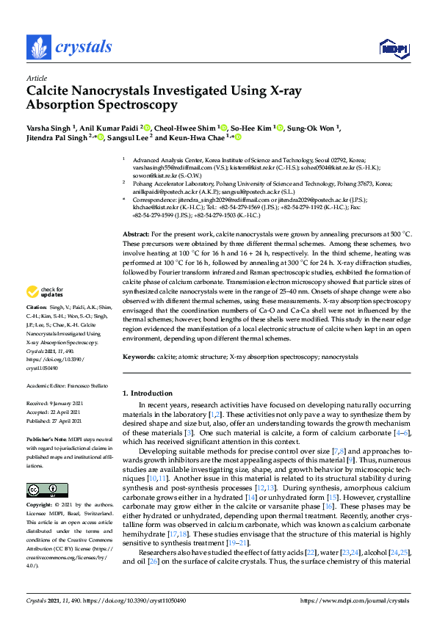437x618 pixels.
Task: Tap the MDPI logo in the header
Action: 392,48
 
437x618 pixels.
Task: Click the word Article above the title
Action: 36,78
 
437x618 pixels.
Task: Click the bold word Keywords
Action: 139,357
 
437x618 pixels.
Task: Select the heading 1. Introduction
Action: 149,394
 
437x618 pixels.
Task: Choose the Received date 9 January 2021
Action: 65,403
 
